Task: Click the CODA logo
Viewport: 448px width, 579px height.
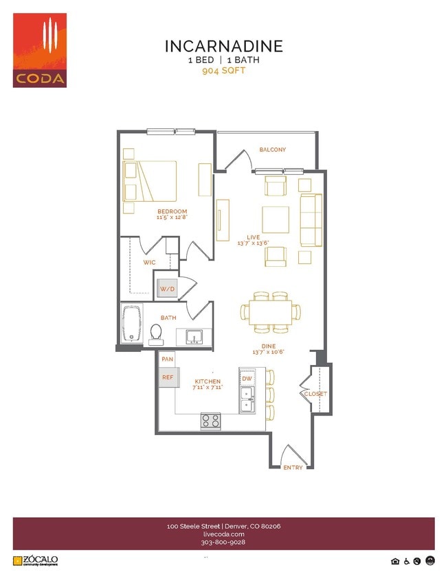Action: pyautogui.click(x=40, y=50)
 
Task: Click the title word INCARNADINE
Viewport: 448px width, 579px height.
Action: pyautogui.click(x=224, y=47)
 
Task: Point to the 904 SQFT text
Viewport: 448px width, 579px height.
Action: pyautogui.click(x=224, y=70)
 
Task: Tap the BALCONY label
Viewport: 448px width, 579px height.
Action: pyautogui.click(x=273, y=150)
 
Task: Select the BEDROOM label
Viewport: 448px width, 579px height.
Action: pyautogui.click(x=172, y=211)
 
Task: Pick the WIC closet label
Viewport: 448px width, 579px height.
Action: pyautogui.click(x=150, y=263)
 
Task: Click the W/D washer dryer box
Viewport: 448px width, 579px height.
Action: pyautogui.click(x=168, y=289)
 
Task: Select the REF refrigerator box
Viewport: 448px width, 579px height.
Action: pyautogui.click(x=166, y=377)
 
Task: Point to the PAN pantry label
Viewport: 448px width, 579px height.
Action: pyautogui.click(x=166, y=359)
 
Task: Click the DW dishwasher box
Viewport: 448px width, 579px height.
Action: pyautogui.click(x=247, y=378)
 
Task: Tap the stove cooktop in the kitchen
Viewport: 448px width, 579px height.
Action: pyautogui.click(x=210, y=421)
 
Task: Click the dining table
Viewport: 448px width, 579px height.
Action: pyautogui.click(x=271, y=312)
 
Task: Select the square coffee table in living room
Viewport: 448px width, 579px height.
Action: pyautogui.click(x=276, y=220)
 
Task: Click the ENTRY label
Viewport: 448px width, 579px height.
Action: pyautogui.click(x=293, y=467)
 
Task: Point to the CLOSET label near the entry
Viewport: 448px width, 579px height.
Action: pyautogui.click(x=316, y=394)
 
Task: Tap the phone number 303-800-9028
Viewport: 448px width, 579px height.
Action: pyautogui.click(x=224, y=542)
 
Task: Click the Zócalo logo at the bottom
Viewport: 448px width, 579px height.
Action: pyautogui.click(x=35, y=560)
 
